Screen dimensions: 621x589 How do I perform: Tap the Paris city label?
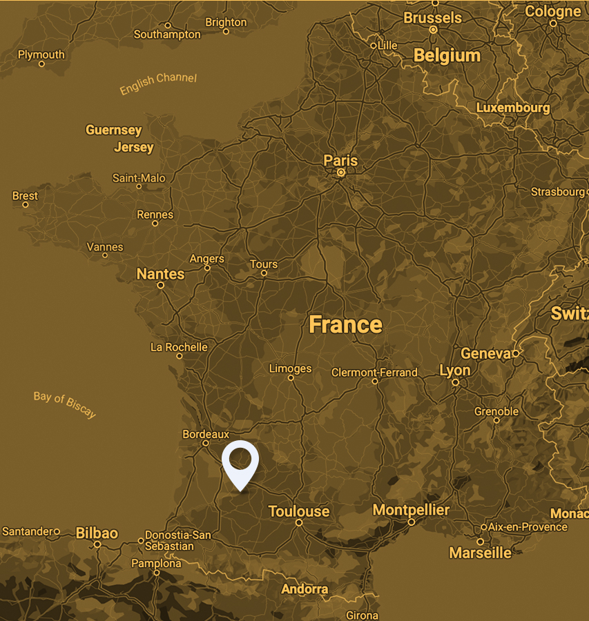pyautogui.click(x=340, y=160)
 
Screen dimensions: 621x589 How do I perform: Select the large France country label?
pyautogui.click(x=345, y=324)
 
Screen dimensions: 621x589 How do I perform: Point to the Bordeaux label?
pyautogui.click(x=206, y=434)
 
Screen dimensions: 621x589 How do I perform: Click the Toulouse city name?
pyautogui.click(x=299, y=511)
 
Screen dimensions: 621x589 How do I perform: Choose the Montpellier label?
pyautogui.click(x=411, y=511)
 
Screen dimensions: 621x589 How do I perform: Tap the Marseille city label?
pyautogui.click(x=481, y=553)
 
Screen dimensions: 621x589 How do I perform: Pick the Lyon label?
pyautogui.click(x=455, y=371)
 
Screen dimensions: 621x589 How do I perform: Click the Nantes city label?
pyautogui.click(x=160, y=274)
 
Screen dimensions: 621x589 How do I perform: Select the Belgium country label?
pyautogui.click(x=447, y=56)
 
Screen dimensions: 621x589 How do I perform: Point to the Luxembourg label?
pyautogui.click(x=513, y=108)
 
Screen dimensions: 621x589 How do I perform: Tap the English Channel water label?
pyautogui.click(x=158, y=83)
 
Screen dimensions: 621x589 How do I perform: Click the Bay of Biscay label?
pyautogui.click(x=65, y=405)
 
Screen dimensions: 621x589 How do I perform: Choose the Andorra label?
pyautogui.click(x=305, y=589)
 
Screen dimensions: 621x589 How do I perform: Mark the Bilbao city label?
pyautogui.click(x=97, y=533)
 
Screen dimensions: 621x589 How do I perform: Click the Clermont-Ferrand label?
pyautogui.click(x=374, y=373)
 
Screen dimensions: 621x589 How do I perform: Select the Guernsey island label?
pyautogui.click(x=113, y=130)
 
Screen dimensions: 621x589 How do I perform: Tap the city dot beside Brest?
pyautogui.click(x=26, y=205)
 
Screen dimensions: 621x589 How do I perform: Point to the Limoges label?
pyautogui.click(x=290, y=368)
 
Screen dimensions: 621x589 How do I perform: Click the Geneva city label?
pyautogui.click(x=485, y=353)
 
